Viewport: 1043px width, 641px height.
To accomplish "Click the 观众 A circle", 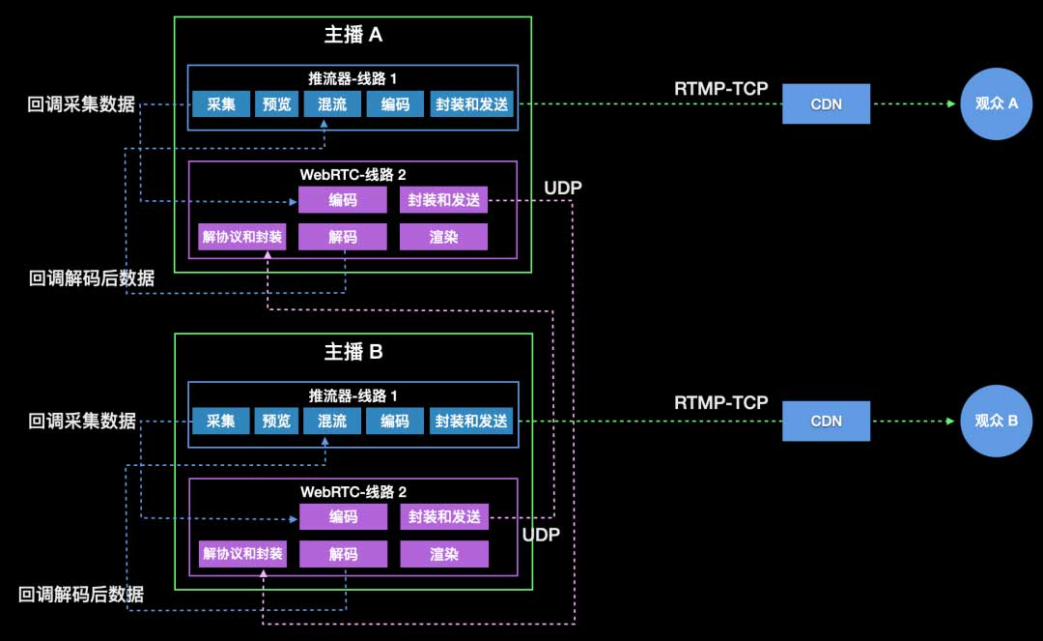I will point(999,103).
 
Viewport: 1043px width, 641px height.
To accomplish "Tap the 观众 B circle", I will point(999,422).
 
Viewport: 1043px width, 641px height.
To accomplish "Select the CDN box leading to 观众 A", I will point(826,103).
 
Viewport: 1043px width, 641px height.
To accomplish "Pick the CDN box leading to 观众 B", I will point(826,422).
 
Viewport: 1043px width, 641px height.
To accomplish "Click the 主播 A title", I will point(352,36).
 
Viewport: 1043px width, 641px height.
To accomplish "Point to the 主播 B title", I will point(352,352).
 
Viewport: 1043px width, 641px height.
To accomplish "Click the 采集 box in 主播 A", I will point(221,104).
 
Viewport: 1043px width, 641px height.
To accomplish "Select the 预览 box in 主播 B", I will point(277,422).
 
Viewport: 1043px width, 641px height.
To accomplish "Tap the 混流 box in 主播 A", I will point(332,104).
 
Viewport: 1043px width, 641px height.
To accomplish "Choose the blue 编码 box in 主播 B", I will point(394,422).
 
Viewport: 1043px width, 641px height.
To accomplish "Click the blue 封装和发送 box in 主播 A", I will point(471,104).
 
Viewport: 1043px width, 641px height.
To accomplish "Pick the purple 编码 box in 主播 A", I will point(343,201).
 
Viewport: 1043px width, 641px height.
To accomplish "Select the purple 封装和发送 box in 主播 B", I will point(444,517).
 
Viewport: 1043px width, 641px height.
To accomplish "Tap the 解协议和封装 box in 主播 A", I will point(242,237).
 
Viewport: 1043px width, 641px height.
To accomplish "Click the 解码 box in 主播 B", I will point(343,554).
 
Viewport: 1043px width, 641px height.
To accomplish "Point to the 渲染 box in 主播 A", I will point(443,237).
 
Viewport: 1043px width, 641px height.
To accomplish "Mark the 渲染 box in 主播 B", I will point(444,554).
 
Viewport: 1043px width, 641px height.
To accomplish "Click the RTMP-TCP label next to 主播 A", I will point(720,89).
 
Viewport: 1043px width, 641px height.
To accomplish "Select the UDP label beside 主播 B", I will point(541,534).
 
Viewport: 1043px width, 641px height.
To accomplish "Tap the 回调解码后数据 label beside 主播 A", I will point(92,279).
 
